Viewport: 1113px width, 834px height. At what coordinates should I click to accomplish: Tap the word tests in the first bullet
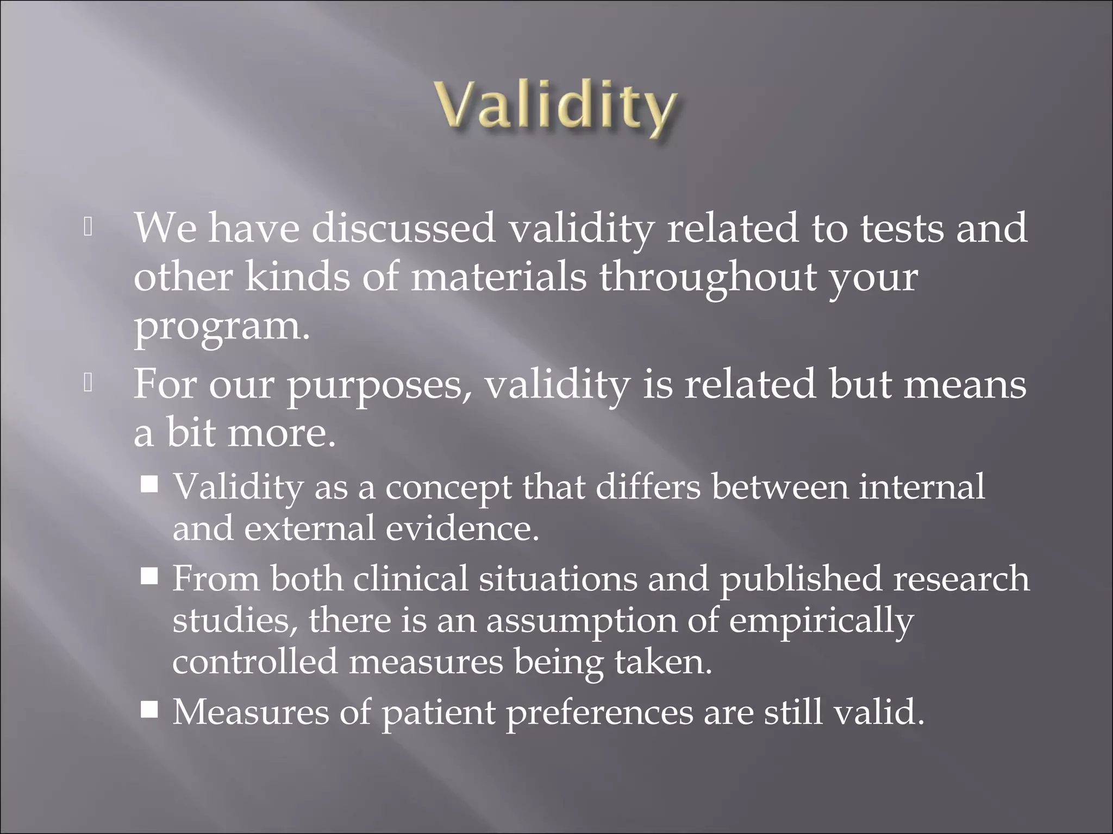click(902, 228)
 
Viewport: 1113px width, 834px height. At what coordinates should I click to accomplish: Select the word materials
click(498, 277)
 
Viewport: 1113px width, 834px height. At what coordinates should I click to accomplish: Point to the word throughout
click(708, 277)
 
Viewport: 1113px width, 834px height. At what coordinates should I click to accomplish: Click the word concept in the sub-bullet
click(448, 487)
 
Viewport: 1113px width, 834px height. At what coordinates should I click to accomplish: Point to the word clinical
click(410, 578)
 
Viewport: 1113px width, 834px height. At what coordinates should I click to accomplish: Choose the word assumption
click(581, 621)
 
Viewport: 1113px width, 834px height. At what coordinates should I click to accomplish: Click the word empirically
click(821, 621)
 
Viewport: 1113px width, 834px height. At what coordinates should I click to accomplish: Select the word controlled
click(255, 662)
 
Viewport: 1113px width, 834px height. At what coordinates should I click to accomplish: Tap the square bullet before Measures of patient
click(149, 709)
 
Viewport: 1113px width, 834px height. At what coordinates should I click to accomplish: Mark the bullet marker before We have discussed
click(89, 228)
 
